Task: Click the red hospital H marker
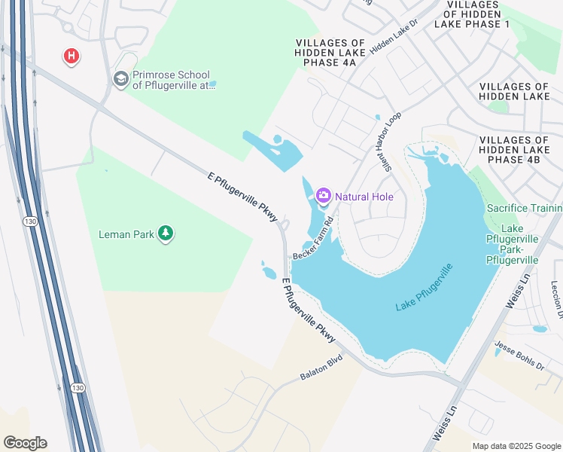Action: click(x=72, y=56)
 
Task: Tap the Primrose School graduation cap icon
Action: click(x=120, y=78)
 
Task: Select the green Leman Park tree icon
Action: click(x=166, y=234)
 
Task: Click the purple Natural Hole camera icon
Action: click(x=324, y=196)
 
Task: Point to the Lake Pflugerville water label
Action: click(x=425, y=289)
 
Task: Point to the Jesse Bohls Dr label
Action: click(x=519, y=355)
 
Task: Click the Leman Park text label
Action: click(x=126, y=234)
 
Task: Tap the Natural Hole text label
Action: click(x=364, y=197)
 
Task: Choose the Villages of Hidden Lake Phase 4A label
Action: click(x=330, y=53)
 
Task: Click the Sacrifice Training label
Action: click(x=525, y=208)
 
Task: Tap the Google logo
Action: click(x=25, y=443)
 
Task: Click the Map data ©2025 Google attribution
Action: click(x=516, y=446)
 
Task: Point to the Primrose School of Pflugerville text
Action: click(x=175, y=80)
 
